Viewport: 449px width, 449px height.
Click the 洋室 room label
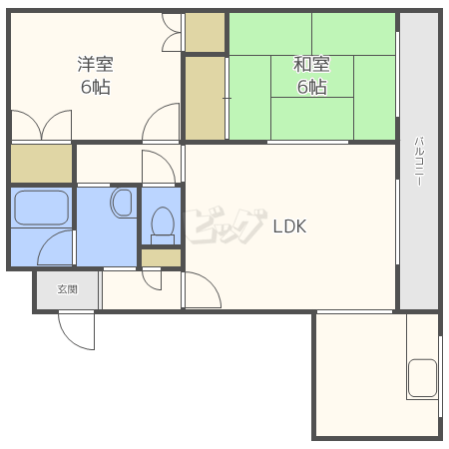pos(96,64)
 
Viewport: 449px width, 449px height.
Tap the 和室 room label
pos(311,64)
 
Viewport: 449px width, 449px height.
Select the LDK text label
pos(289,226)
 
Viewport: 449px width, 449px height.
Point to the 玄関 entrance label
pos(68,289)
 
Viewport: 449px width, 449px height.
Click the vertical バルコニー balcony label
pos(419,161)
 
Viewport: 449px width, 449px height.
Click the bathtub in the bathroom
pos(42,208)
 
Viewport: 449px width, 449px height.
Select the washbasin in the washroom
pos(122,203)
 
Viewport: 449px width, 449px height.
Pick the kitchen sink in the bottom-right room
pos(422,378)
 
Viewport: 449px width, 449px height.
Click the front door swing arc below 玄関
pos(69,339)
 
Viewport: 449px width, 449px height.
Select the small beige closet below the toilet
pos(162,258)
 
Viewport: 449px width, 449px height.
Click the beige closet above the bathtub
pos(42,164)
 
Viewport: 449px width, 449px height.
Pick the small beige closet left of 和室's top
pos(205,32)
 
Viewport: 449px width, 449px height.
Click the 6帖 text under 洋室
pos(96,87)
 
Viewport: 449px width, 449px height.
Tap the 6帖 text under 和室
pos(311,87)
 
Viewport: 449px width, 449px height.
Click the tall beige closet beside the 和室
pos(205,98)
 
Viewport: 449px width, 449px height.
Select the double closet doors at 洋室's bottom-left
pos(42,125)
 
